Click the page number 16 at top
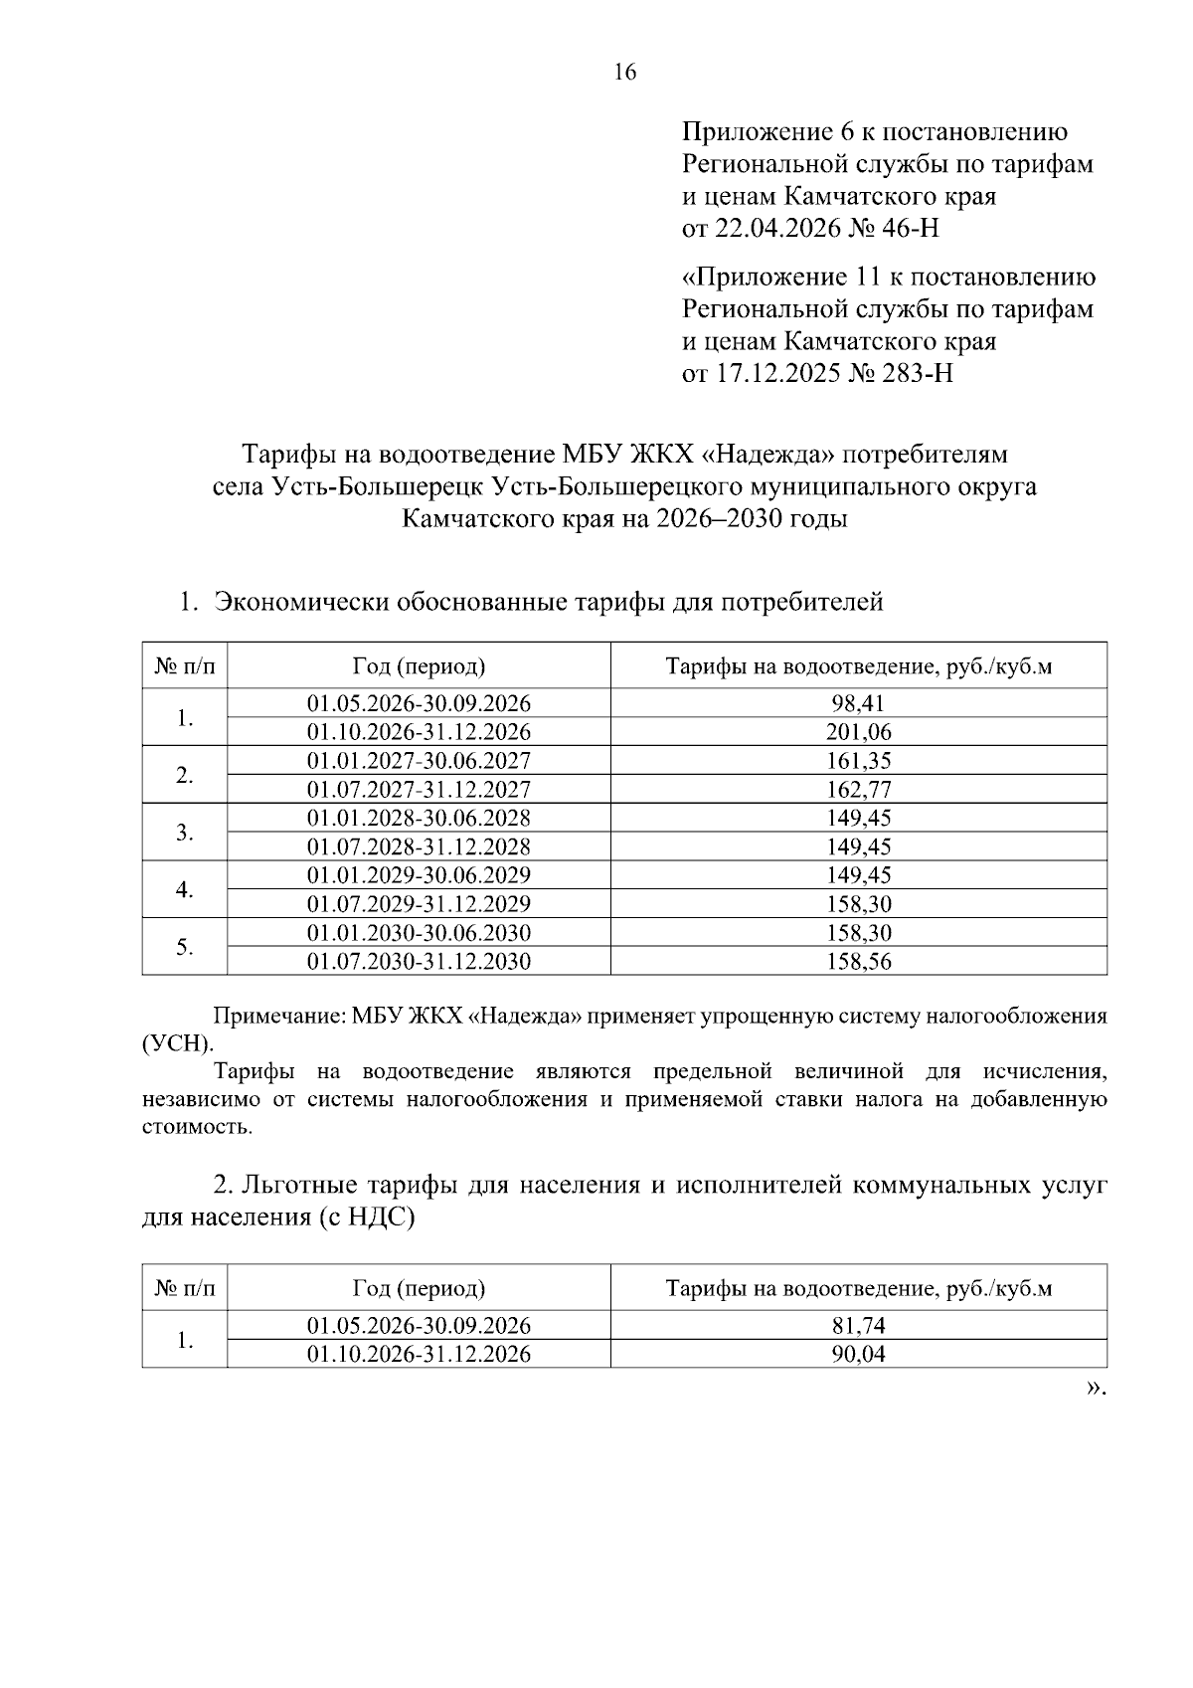click(x=624, y=73)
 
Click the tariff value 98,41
click(x=858, y=703)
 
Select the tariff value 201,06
click(x=858, y=732)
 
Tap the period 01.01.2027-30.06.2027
click(x=419, y=761)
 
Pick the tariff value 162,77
click(x=858, y=790)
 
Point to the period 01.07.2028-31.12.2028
click(x=419, y=846)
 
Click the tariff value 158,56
click(x=858, y=962)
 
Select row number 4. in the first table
click(x=184, y=890)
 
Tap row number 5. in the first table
click(x=184, y=948)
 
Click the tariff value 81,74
click(x=858, y=1326)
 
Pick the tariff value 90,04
click(x=858, y=1355)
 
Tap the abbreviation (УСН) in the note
click(x=177, y=1044)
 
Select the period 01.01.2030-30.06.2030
click(x=419, y=933)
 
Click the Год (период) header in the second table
click(x=419, y=1289)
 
